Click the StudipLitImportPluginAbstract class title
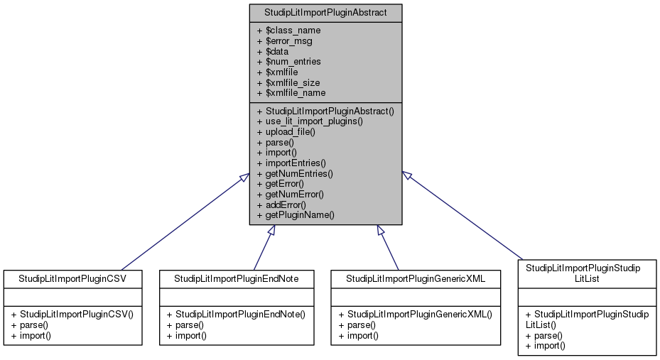[325, 13]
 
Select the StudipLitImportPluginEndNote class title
[236, 278]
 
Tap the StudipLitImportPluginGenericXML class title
[416, 278]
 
